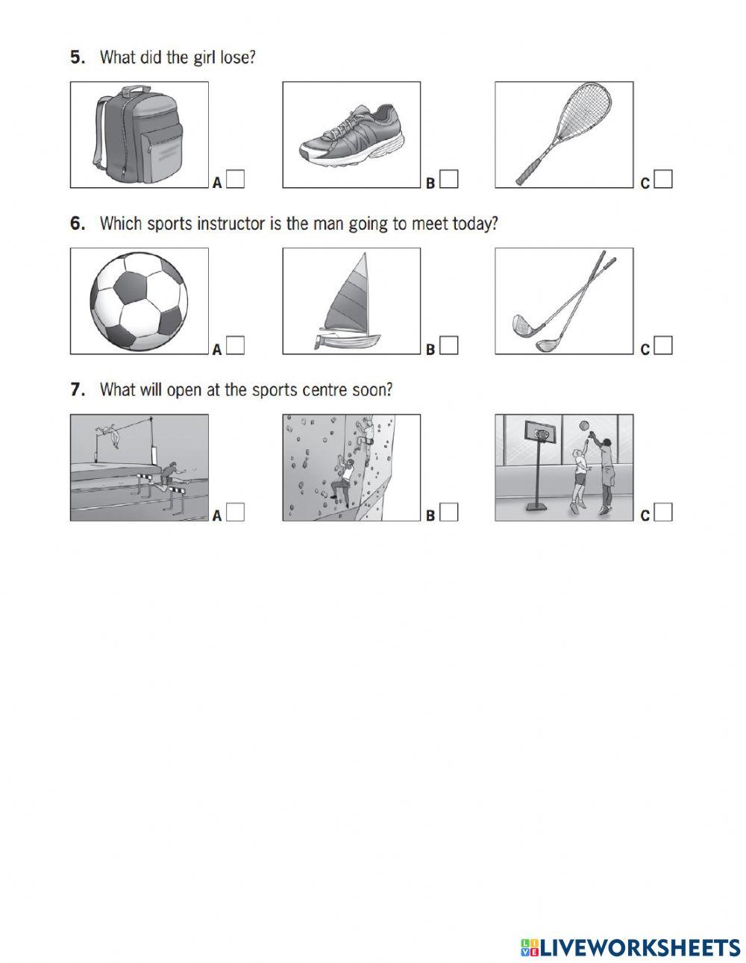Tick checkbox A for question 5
click(x=236, y=180)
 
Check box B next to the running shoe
click(x=449, y=180)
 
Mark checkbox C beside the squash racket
click(x=663, y=180)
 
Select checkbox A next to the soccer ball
click(x=236, y=346)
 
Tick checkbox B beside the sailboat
click(x=449, y=346)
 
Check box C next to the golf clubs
click(x=663, y=346)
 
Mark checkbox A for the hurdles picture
click(x=236, y=512)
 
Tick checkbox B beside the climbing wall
click(x=449, y=512)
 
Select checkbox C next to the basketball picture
click(x=663, y=512)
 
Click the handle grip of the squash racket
click(x=526, y=175)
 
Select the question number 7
click(x=76, y=389)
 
